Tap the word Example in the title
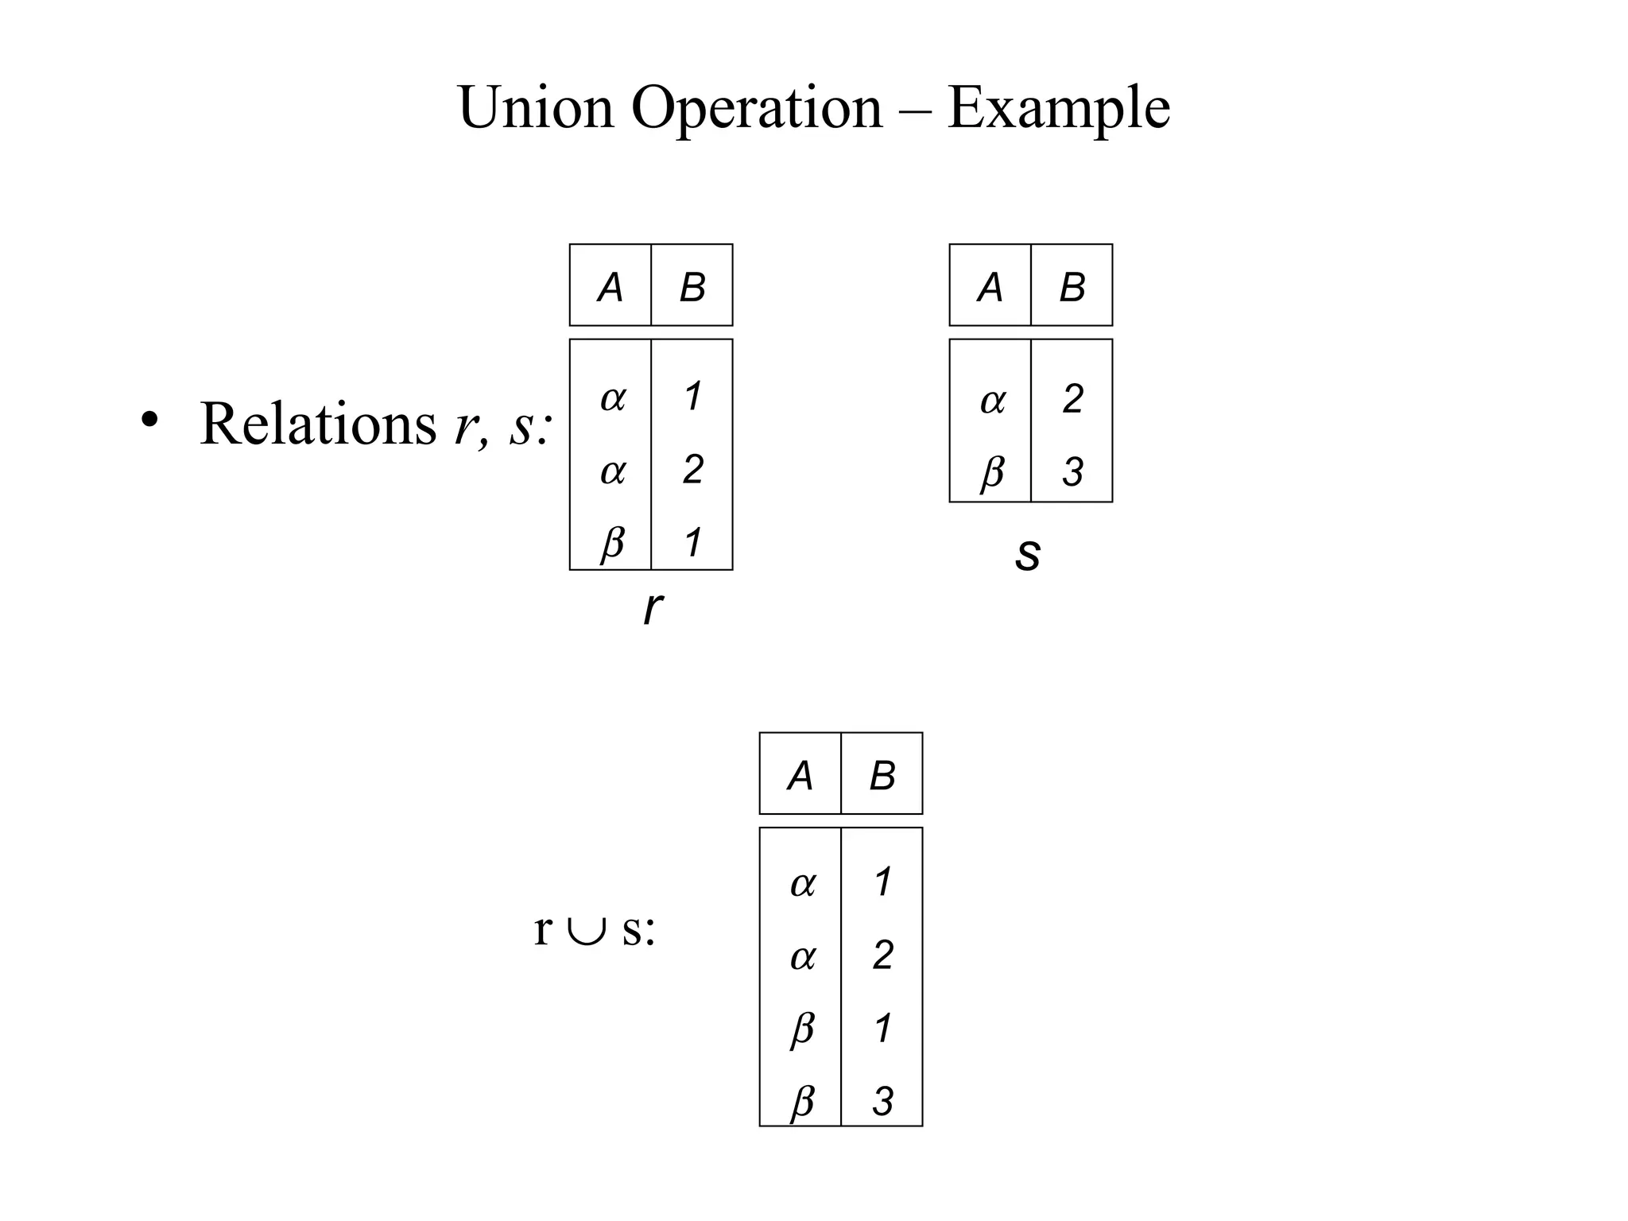pyautogui.click(x=1058, y=109)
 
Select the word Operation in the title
pyautogui.click(x=757, y=109)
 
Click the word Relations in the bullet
pyautogui.click(x=318, y=424)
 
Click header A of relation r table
pyautogui.click(x=610, y=287)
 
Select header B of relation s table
pyautogui.click(x=1072, y=287)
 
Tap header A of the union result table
pyautogui.click(x=800, y=775)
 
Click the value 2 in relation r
pyautogui.click(x=692, y=469)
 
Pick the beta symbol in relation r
pyautogui.click(x=611, y=543)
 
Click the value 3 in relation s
pyautogui.click(x=1072, y=472)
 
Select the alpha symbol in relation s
pyautogui.click(x=991, y=400)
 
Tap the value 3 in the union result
pyautogui.click(x=882, y=1102)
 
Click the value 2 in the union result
pyautogui.click(x=882, y=955)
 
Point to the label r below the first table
pyautogui.click(x=652, y=608)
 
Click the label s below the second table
pyautogui.click(x=1028, y=553)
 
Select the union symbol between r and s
pyautogui.click(x=587, y=929)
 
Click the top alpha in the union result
pyautogui.click(x=802, y=883)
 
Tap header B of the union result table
pyautogui.click(x=882, y=775)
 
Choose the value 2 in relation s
pyautogui.click(x=1072, y=398)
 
